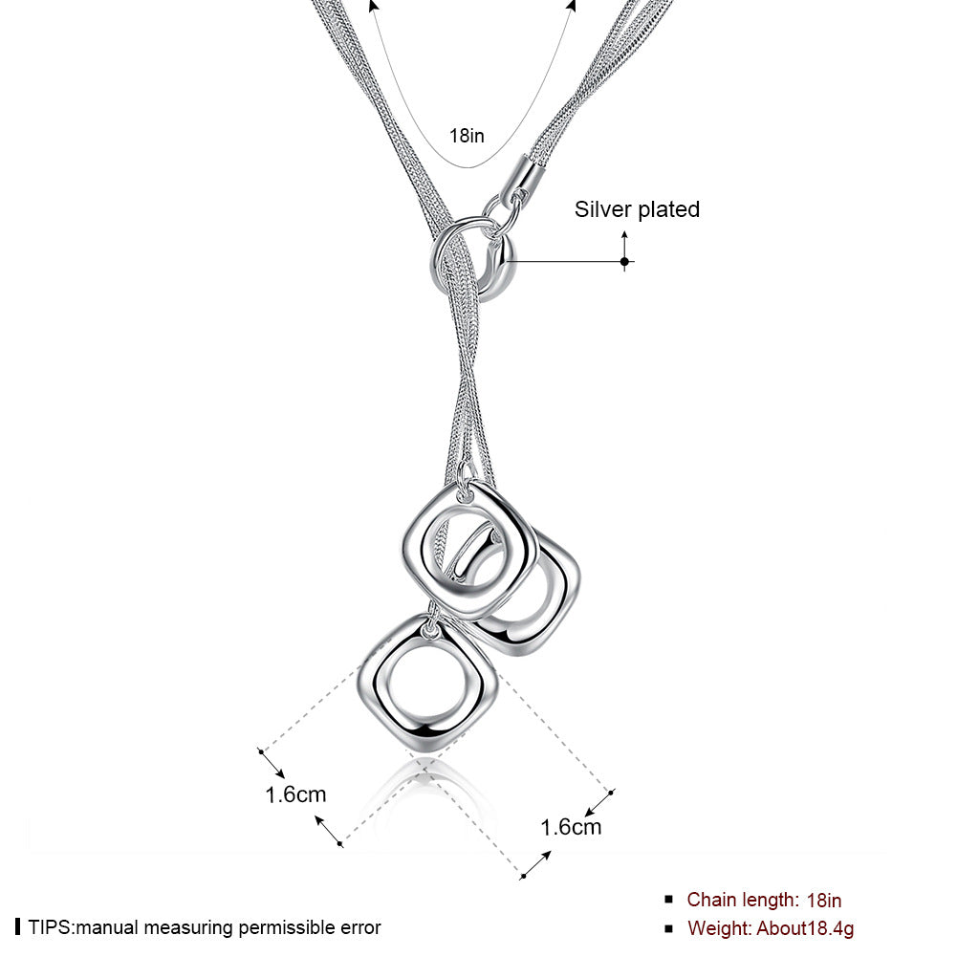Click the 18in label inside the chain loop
pyautogui.click(x=467, y=135)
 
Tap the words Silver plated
pyautogui.click(x=637, y=209)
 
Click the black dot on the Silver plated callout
pyautogui.click(x=624, y=261)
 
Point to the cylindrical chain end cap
pyautogui.click(x=524, y=176)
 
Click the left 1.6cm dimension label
pyautogui.click(x=295, y=794)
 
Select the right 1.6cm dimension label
pyautogui.click(x=571, y=827)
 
